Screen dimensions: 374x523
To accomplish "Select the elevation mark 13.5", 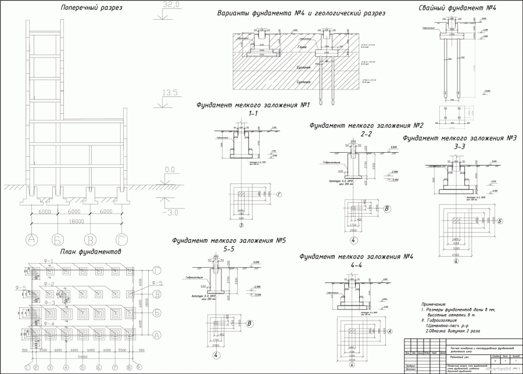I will click(169, 92).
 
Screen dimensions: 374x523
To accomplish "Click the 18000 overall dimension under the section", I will click(76, 221).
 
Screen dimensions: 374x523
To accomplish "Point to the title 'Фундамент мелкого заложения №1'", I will click(253, 105).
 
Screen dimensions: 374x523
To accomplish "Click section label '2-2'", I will click(366, 134).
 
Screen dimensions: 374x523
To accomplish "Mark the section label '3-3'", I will click(459, 147).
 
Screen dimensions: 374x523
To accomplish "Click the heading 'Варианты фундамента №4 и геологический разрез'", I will click(300, 13).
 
